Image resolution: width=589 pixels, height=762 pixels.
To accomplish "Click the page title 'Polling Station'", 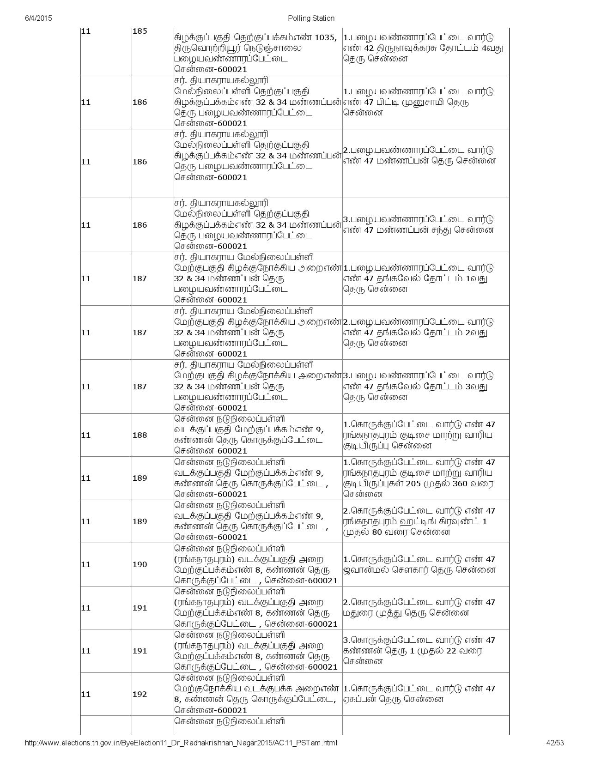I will tap(311, 18).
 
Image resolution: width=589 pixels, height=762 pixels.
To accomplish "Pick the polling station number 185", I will tap(140, 31).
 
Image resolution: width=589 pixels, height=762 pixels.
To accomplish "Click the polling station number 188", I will tap(140, 435).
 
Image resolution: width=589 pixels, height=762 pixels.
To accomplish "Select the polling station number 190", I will tap(140, 564).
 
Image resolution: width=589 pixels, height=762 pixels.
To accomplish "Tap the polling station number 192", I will tap(140, 694).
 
